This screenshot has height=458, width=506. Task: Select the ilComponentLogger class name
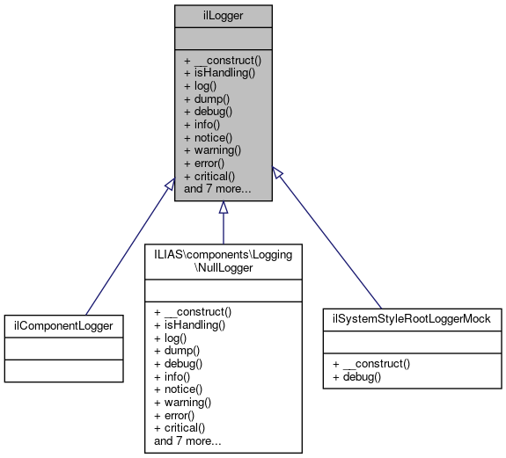point(62,325)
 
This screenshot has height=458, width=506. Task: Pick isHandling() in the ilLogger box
point(219,73)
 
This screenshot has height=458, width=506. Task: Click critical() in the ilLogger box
point(215,176)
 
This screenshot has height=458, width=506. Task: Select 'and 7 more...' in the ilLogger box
point(217,188)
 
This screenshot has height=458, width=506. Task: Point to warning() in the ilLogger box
point(216,150)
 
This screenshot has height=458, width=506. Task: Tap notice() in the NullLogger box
point(184,389)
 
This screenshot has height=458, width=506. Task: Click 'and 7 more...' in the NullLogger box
point(187,440)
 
